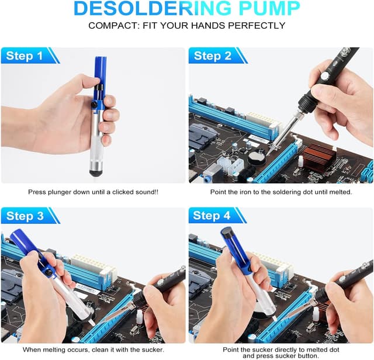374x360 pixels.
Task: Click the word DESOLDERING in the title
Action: pyautogui.click(x=153, y=8)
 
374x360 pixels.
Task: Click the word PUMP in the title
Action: pyautogui.click(x=268, y=8)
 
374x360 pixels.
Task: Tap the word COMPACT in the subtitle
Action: pyautogui.click(x=113, y=26)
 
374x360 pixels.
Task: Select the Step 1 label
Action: pyautogui.click(x=25, y=56)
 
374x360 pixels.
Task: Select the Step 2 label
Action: pyautogui.click(x=213, y=56)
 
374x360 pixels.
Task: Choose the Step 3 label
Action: pyautogui.click(x=25, y=216)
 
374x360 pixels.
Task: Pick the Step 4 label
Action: pyautogui.click(x=212, y=216)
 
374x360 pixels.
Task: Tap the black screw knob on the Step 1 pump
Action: pyautogui.click(x=94, y=104)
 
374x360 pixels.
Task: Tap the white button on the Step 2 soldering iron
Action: pyautogui.click(x=324, y=76)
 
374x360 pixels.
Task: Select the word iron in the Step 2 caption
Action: pyautogui.click(x=246, y=192)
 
